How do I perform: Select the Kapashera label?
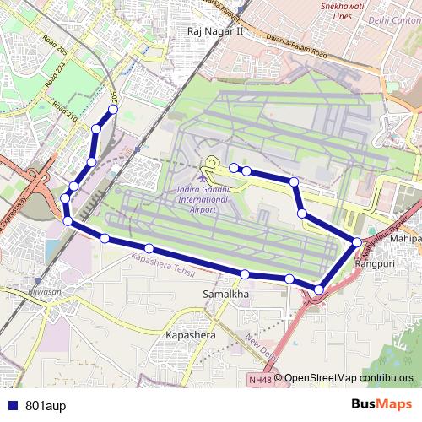(x=190, y=335)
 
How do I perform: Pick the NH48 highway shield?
(x=262, y=379)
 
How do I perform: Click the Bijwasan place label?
(x=44, y=292)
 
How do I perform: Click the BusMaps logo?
(x=387, y=403)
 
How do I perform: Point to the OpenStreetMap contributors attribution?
(x=349, y=379)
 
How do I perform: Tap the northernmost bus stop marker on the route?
(x=113, y=110)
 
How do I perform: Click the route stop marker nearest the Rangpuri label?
(x=357, y=243)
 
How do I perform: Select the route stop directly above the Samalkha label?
(x=245, y=274)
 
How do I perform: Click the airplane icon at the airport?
(x=203, y=177)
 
